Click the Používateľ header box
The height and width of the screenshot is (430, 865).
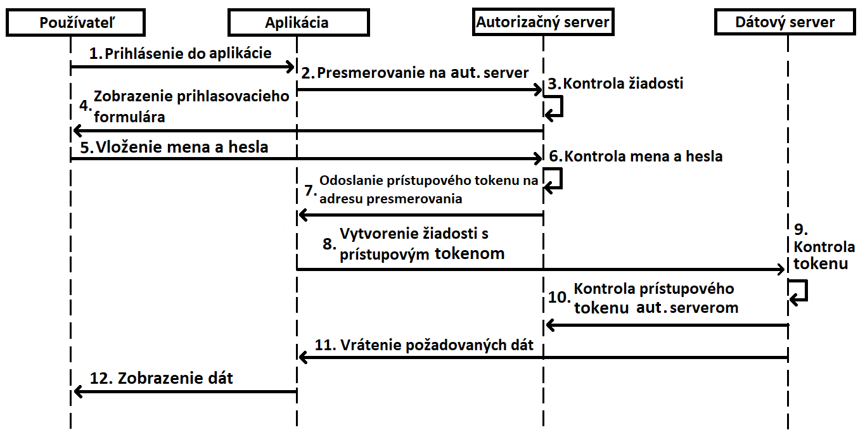point(75,22)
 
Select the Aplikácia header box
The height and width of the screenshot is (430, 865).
point(298,22)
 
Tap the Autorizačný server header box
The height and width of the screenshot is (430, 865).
point(543,22)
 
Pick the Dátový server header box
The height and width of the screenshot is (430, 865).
point(785,22)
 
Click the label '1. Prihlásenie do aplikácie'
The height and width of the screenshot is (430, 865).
point(181,53)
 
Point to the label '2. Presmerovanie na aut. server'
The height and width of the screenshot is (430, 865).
point(414,73)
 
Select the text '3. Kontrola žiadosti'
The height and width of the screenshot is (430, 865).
point(615,84)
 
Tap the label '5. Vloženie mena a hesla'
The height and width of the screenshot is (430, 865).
point(174,147)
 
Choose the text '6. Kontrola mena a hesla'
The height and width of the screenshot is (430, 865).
point(636,156)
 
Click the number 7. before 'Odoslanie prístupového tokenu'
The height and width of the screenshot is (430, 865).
point(311,190)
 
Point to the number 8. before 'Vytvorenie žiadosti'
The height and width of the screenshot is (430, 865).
point(330,244)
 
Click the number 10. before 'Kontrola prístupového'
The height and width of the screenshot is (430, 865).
point(559,297)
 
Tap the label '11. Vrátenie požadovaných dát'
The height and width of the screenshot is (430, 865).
point(424,345)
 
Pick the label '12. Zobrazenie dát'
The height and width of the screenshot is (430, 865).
point(162,378)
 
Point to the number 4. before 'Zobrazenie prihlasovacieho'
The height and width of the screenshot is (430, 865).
point(86,106)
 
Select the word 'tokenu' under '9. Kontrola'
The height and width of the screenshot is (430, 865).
point(821,264)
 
